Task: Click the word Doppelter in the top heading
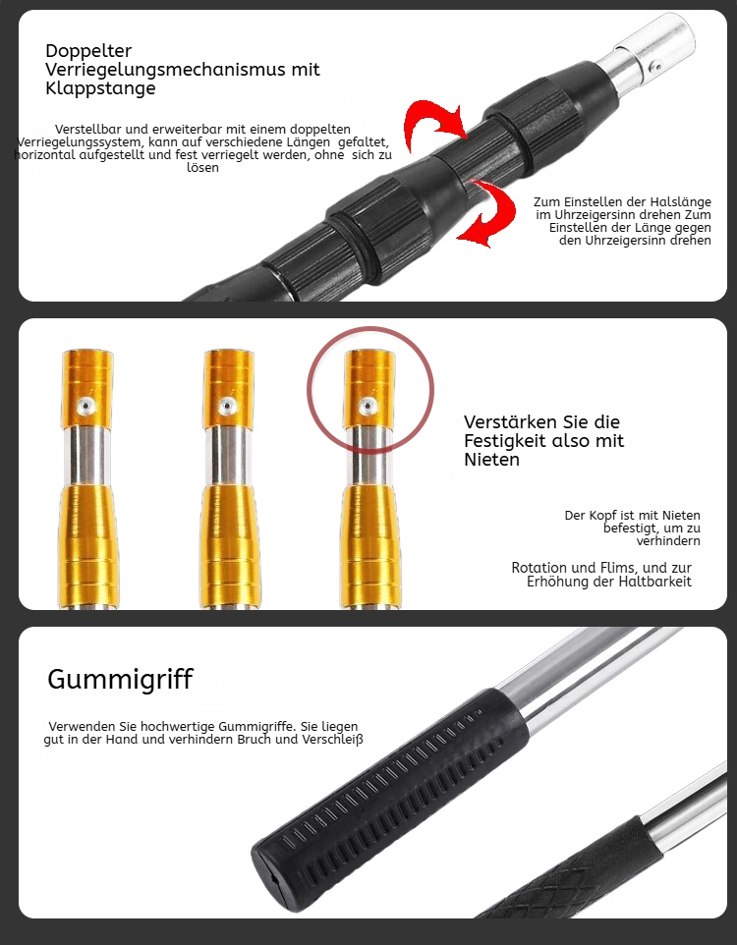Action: [x=88, y=51]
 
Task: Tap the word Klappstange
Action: [x=100, y=88]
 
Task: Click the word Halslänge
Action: [x=680, y=202]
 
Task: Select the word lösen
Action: [x=202, y=168]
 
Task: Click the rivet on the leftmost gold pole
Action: [x=85, y=406]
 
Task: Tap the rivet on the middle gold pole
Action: [x=227, y=406]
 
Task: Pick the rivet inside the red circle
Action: [x=368, y=406]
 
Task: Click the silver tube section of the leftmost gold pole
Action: [x=86, y=456]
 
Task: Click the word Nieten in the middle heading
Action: [x=491, y=460]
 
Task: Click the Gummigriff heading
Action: [x=120, y=680]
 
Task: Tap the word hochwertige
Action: [x=179, y=727]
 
